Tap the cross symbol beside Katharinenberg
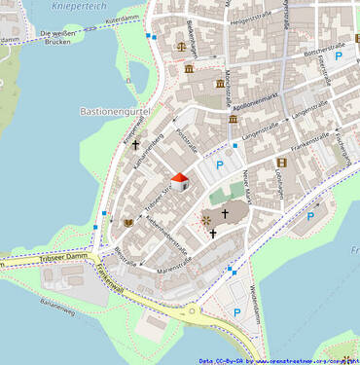pyautogui.click(x=136, y=145)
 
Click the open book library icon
pyautogui.click(x=128, y=223)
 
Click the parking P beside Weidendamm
pyautogui.click(x=236, y=312)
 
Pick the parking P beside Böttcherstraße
pyautogui.click(x=339, y=56)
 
